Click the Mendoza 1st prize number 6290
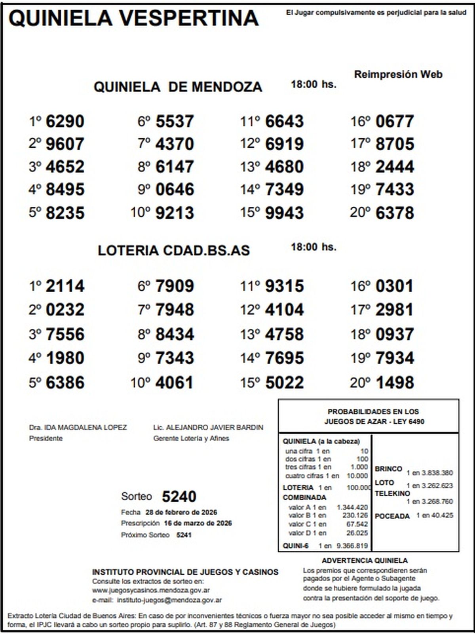click(65, 121)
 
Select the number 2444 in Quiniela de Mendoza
click(394, 167)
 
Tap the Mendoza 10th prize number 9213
click(175, 213)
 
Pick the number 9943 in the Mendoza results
click(284, 213)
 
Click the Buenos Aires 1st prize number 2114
click(65, 286)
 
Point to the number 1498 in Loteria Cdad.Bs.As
click(394, 383)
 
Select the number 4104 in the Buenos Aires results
click(284, 310)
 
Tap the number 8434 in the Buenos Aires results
click(175, 334)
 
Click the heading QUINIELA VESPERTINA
click(133, 18)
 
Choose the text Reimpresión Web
click(398, 74)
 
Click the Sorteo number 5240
click(179, 497)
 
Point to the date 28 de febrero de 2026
click(181, 512)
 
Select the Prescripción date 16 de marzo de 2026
click(198, 523)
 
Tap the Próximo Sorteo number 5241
click(184, 535)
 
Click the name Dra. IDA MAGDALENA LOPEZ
click(78, 428)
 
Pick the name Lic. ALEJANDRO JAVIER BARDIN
click(208, 428)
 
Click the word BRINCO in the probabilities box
click(388, 469)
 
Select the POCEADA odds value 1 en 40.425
click(435, 516)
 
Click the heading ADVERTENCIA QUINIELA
click(365, 561)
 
